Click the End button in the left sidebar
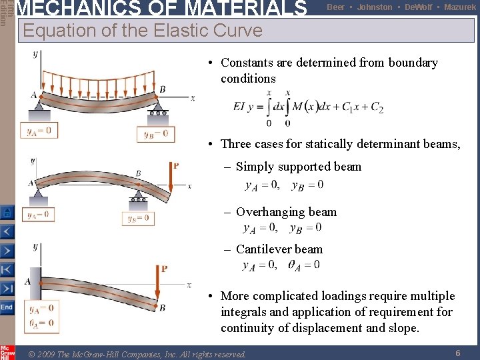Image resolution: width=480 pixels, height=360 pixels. [x=7, y=307]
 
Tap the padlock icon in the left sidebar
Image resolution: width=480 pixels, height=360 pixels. [x=7, y=213]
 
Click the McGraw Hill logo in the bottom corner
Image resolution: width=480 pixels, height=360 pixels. [x=7, y=351]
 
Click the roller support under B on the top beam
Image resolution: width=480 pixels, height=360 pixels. [x=158, y=109]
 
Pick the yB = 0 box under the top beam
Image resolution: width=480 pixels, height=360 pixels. [x=155, y=133]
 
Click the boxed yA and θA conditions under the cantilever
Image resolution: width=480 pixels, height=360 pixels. [x=41, y=316]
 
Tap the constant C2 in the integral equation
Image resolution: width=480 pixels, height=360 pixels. [x=377, y=107]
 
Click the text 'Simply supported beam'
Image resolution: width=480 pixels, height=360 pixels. [x=298, y=167]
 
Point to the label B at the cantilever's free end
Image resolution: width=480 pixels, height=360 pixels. [x=162, y=307]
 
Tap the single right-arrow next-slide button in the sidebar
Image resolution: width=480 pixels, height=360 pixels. [x=7, y=251]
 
